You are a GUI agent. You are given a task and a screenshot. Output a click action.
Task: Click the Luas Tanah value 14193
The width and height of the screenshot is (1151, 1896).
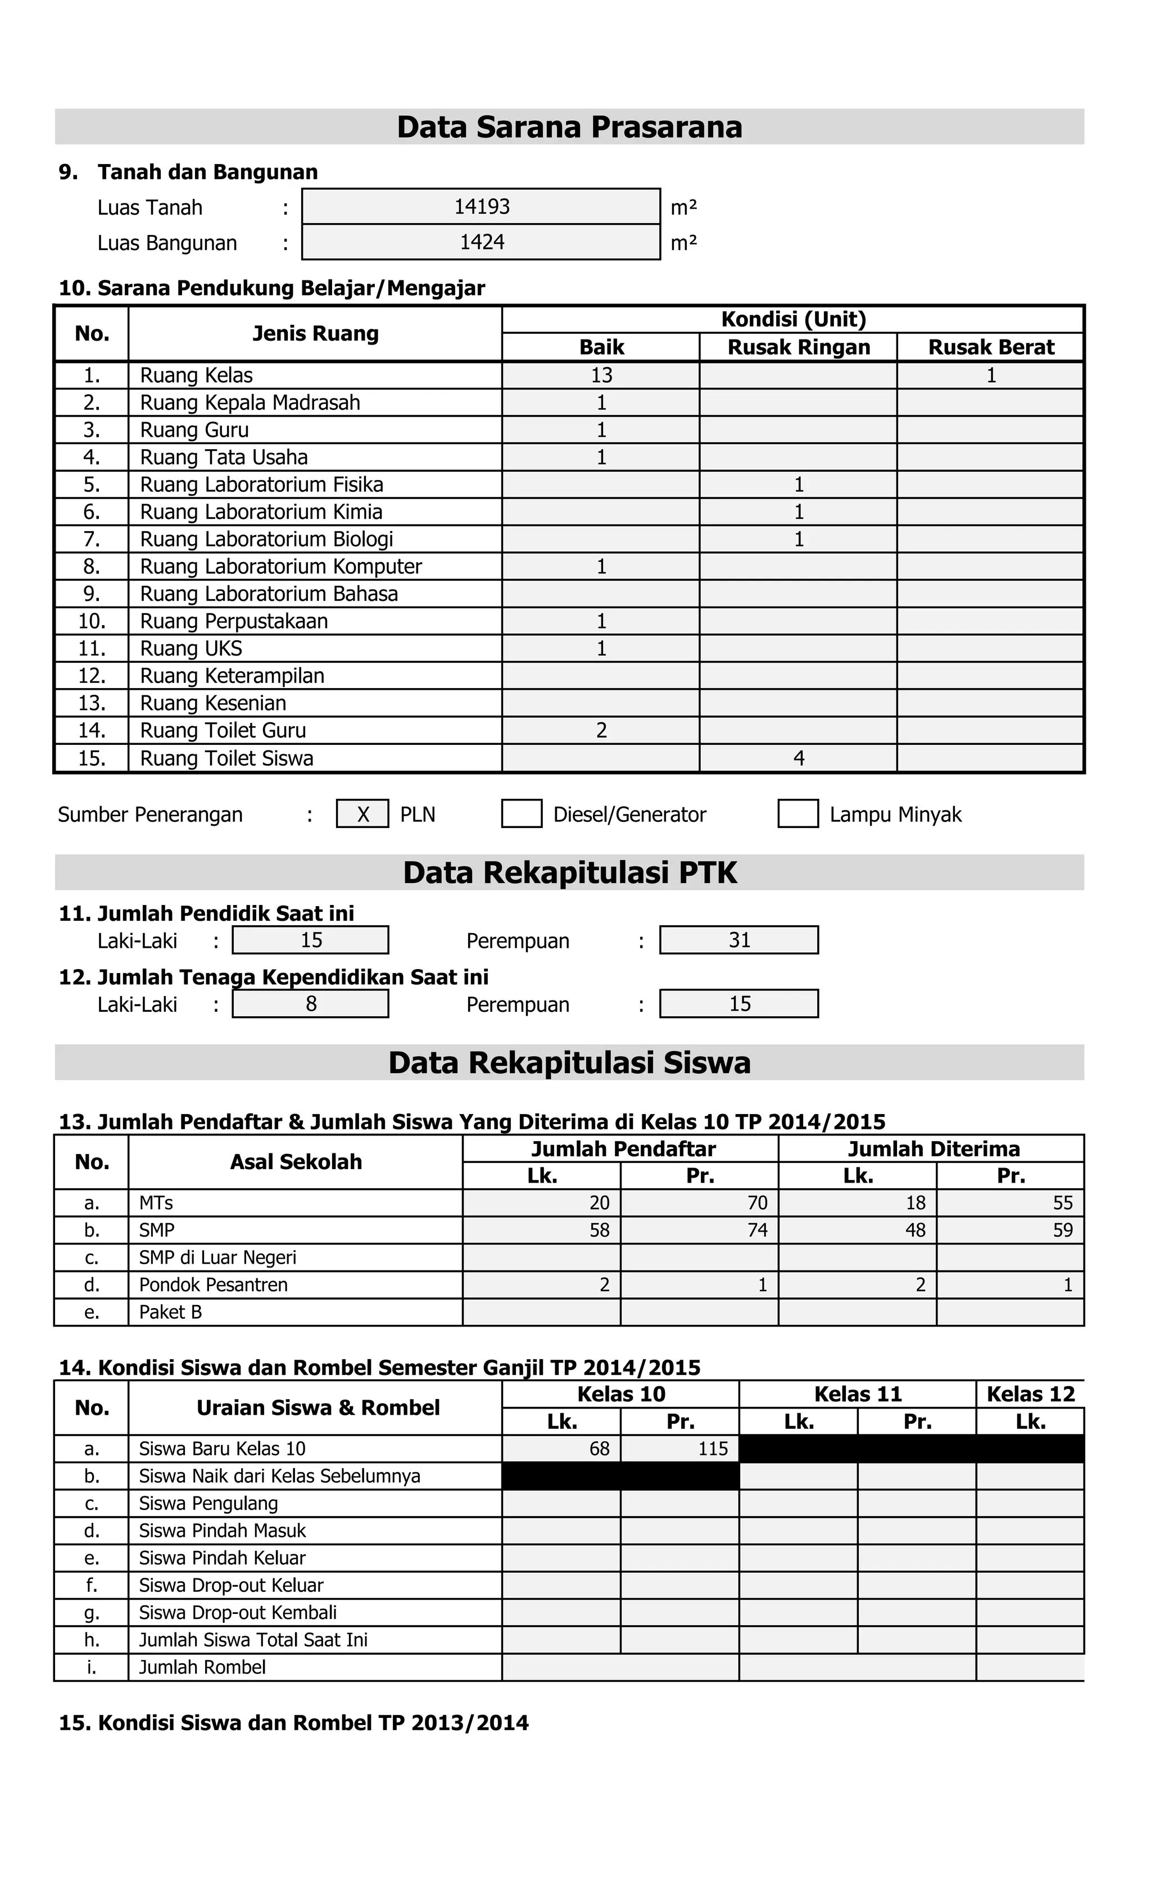pos(482,206)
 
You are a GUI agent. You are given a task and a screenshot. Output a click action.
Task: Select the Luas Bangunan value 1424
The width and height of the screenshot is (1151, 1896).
pos(482,242)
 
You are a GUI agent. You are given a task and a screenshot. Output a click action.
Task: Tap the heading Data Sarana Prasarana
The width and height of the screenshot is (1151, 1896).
pos(569,127)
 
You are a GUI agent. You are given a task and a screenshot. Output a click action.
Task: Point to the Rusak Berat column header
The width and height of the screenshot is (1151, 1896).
pos(990,347)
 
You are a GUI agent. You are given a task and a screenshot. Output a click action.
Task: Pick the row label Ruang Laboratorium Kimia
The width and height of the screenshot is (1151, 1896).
pos(261,512)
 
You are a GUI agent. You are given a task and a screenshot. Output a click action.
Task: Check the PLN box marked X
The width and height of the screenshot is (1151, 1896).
pos(362,814)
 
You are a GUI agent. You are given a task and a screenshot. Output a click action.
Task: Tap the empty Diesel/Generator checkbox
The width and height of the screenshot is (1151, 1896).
pos(522,814)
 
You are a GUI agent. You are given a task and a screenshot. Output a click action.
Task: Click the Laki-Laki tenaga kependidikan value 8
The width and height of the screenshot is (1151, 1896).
pos(311,1004)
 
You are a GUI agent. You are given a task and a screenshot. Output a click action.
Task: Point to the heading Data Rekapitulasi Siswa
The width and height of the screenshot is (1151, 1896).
pos(569,1062)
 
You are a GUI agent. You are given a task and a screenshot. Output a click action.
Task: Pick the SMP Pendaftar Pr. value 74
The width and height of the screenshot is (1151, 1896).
pos(757,1230)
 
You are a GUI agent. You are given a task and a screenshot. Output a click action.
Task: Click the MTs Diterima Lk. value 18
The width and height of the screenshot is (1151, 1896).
pos(915,1203)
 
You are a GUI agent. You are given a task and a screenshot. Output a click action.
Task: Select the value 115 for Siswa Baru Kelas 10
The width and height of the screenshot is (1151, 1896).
pos(713,1449)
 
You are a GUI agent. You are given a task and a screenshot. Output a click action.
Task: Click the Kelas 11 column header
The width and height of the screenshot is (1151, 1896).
pos(857,1394)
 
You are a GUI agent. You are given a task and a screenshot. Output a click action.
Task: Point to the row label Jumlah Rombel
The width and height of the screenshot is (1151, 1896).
pos(202,1667)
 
